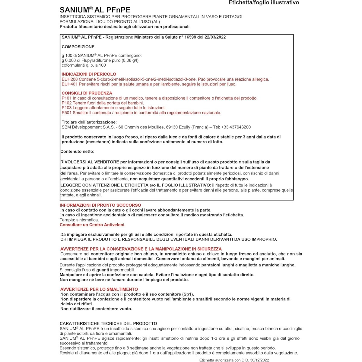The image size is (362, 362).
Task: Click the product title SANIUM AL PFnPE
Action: click(x=95, y=10)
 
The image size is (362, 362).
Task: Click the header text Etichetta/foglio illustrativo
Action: click(x=264, y=3)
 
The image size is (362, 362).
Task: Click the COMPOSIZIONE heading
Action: click(x=78, y=47)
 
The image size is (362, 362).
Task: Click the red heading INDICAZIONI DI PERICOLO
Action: click(x=89, y=74)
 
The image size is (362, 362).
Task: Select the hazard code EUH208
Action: click(x=69, y=79)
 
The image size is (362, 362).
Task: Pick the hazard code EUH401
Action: click(x=69, y=84)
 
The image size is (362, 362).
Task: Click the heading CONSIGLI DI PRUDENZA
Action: click(x=87, y=93)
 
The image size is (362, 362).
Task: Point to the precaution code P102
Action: click(x=67, y=103)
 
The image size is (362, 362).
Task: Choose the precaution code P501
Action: click(x=67, y=113)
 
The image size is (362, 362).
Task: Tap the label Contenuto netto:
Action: click(x=78, y=151)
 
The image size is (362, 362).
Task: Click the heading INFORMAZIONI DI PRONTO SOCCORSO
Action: click(x=100, y=205)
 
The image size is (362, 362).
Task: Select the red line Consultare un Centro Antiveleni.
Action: click(x=92, y=225)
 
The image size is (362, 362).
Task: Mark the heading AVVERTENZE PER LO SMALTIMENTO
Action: click(x=99, y=289)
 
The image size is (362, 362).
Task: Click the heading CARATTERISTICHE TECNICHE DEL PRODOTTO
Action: click(x=108, y=323)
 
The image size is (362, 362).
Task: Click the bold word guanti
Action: click(x=103, y=270)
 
